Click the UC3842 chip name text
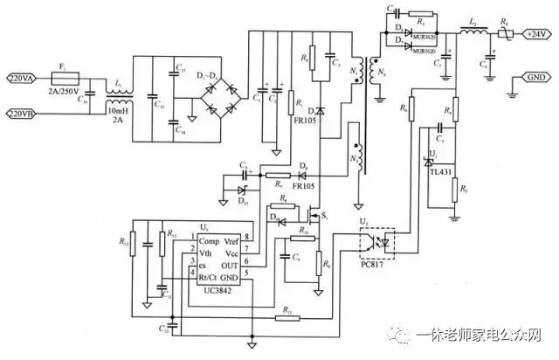click(219, 289)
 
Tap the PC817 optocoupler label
click(377, 253)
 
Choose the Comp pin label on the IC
click(209, 240)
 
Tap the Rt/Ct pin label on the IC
click(210, 277)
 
